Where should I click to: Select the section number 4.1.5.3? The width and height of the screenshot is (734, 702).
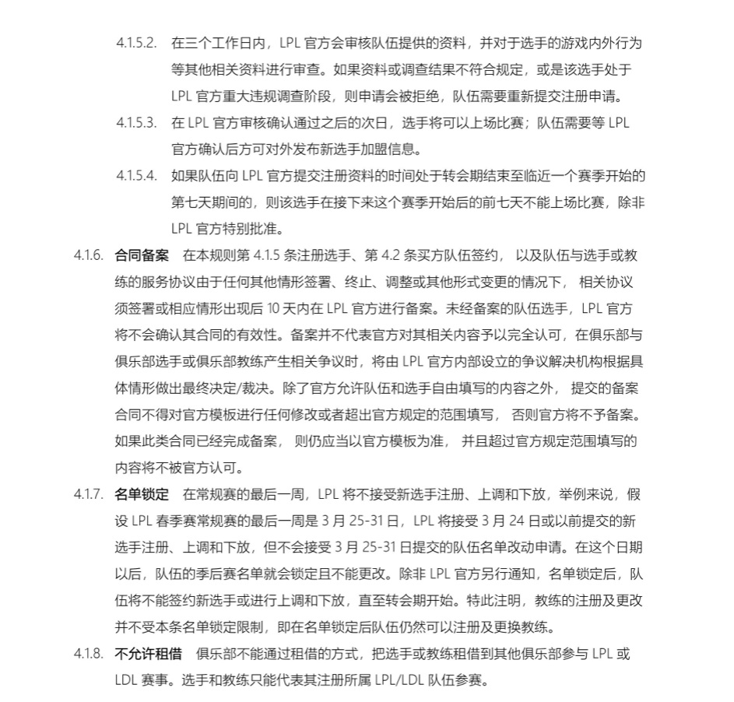tap(136, 122)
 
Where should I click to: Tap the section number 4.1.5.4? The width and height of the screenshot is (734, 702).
tap(136, 176)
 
